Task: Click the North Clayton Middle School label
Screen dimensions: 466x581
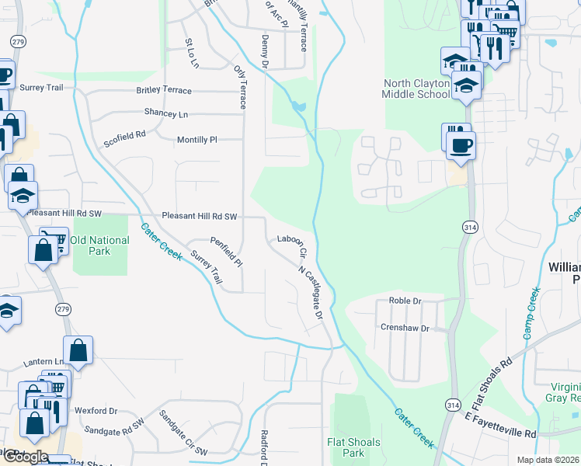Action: (416, 89)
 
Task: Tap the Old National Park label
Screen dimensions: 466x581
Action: (99, 245)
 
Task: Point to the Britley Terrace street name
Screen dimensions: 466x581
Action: (164, 91)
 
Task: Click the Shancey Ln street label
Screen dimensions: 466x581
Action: (166, 113)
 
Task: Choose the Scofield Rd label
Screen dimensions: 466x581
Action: (125, 140)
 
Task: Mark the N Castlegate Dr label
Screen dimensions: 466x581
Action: (311, 291)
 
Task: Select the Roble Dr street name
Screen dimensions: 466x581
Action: (405, 301)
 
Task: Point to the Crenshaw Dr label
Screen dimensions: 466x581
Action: (405, 328)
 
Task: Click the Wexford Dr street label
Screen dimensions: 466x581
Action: (96, 410)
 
